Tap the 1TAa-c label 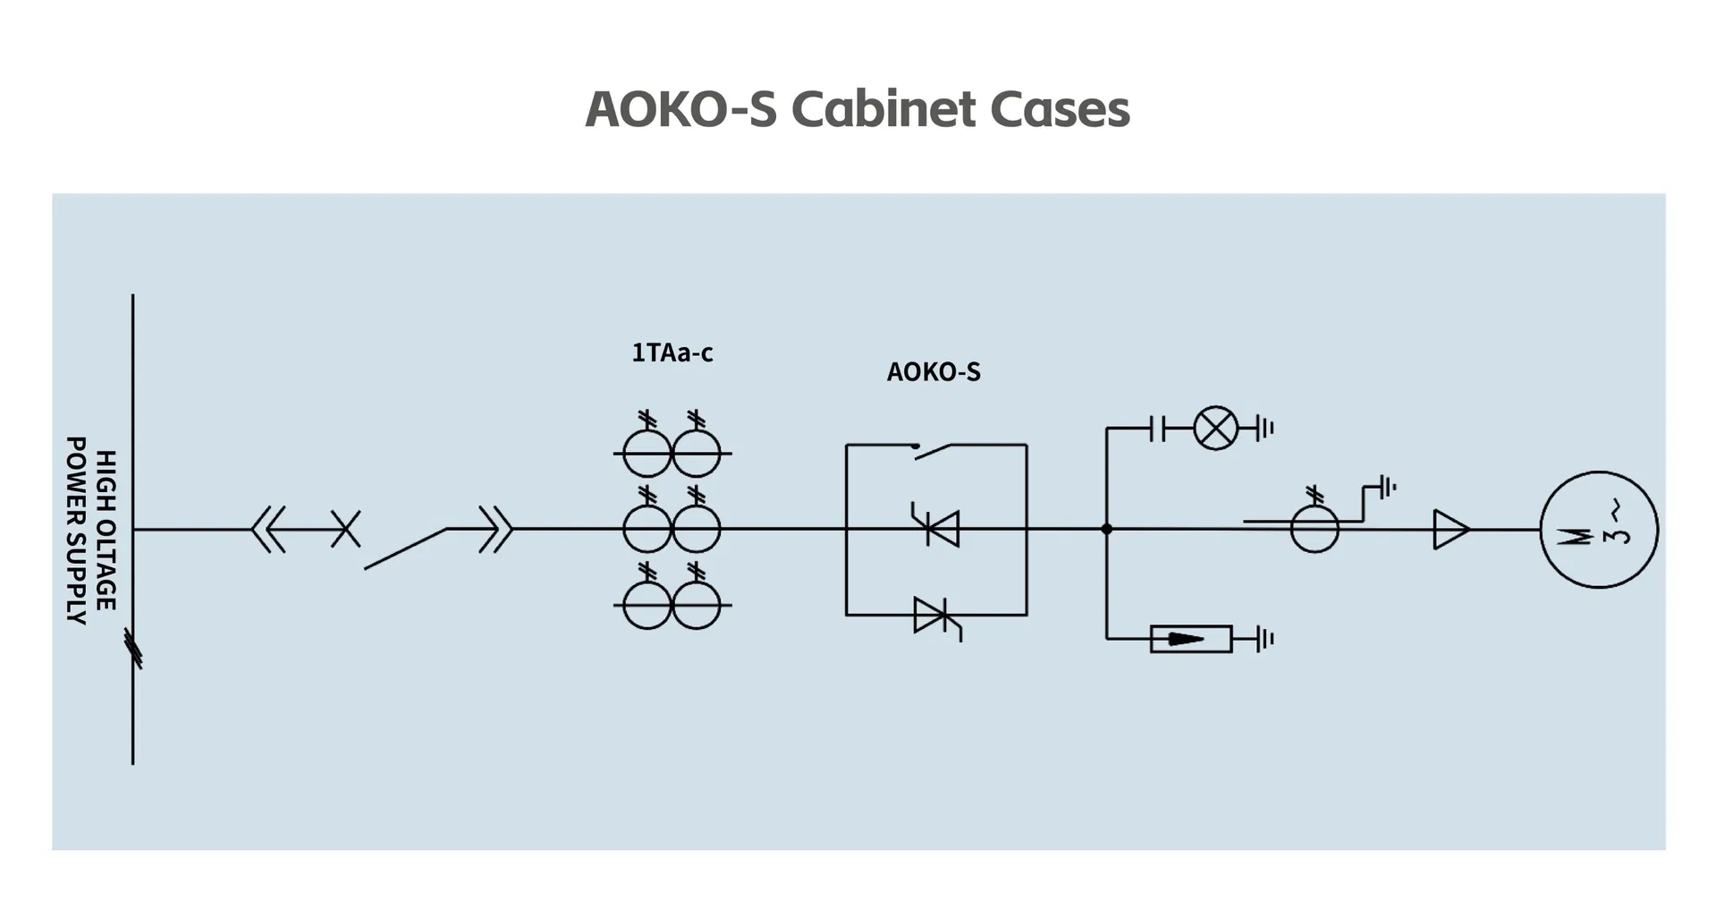[672, 353]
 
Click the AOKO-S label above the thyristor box [934, 372]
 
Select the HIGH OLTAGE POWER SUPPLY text [91, 530]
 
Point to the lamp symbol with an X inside [1216, 428]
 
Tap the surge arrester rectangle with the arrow [1190, 639]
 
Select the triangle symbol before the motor [1450, 530]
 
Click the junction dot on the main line [1106, 529]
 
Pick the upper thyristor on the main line [937, 527]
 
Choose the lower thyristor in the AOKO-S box [936, 617]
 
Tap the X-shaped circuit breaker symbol [346, 529]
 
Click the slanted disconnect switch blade [405, 548]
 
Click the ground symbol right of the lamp [1264, 428]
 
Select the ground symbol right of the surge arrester [1264, 639]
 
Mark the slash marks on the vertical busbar [132, 648]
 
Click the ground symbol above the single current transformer [1387, 488]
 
